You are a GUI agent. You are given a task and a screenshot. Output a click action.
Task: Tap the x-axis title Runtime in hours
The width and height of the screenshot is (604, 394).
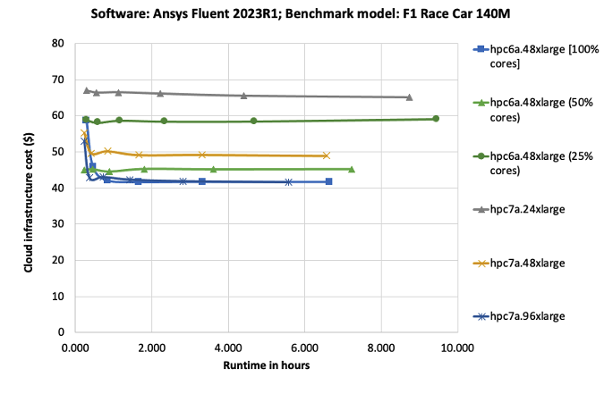(x=266, y=365)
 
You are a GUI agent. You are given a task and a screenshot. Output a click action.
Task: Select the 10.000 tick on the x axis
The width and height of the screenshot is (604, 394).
(x=458, y=347)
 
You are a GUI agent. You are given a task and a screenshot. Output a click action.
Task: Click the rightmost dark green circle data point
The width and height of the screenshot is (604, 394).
(x=436, y=119)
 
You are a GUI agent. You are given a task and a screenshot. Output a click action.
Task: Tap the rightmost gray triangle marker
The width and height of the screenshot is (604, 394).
(x=409, y=97)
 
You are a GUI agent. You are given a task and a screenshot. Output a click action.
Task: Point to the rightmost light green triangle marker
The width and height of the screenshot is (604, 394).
(x=351, y=169)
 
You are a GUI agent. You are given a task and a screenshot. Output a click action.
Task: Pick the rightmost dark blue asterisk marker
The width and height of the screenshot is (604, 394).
(x=288, y=182)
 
